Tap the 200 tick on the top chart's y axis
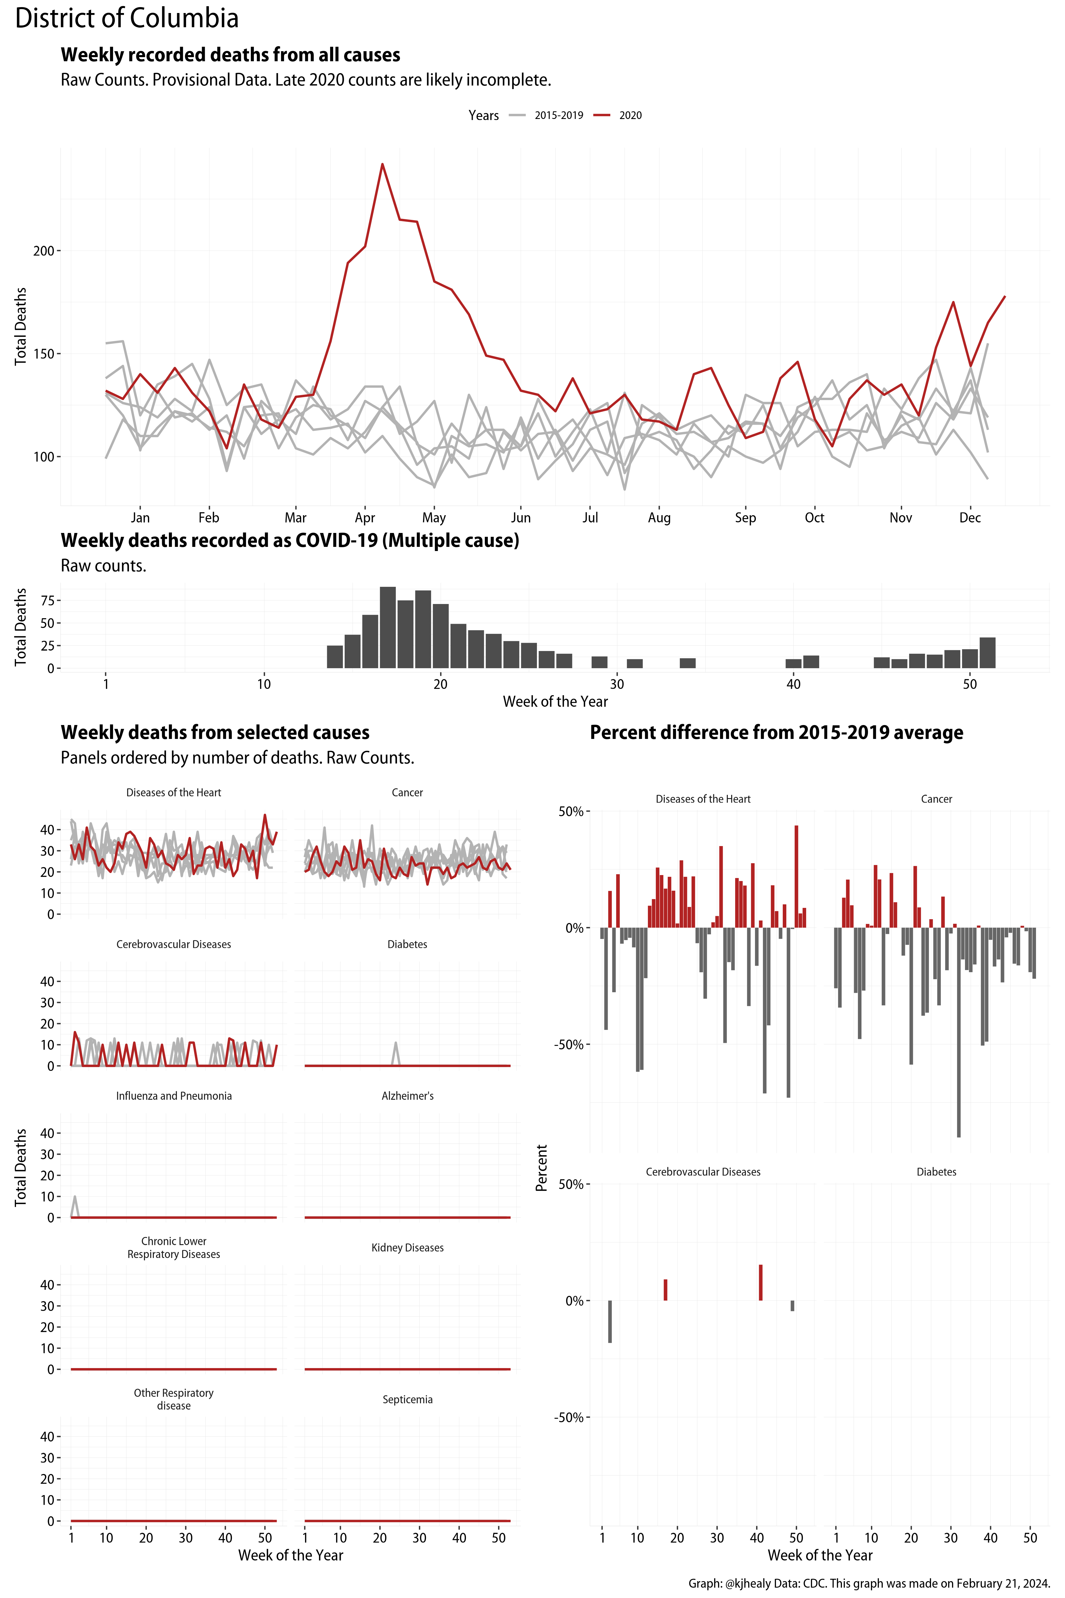point(43,251)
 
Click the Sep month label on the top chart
point(745,518)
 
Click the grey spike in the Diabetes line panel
point(396,1046)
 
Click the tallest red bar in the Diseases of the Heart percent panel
point(796,877)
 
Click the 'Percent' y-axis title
point(541,1167)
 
